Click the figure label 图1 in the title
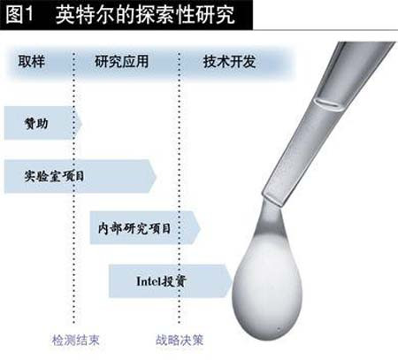(x=20, y=14)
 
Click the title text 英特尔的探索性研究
(x=145, y=14)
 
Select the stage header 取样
(x=31, y=62)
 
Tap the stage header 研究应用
(x=121, y=62)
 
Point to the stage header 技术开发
(x=229, y=62)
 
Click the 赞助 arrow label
(x=36, y=123)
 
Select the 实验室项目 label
(x=54, y=176)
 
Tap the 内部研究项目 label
(x=134, y=228)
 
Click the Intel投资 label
(x=161, y=281)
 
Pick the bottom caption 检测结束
(x=76, y=340)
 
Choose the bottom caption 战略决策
(x=180, y=340)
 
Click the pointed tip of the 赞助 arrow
(x=81, y=123)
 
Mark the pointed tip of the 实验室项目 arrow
(x=156, y=176)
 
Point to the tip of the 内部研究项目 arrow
(x=201, y=228)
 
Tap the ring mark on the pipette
(x=330, y=105)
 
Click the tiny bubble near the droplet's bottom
(x=279, y=329)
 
